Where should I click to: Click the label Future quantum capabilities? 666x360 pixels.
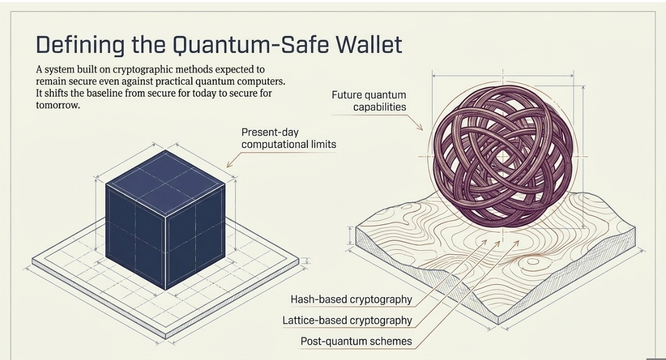click(x=369, y=101)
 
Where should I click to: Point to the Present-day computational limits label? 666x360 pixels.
click(x=288, y=138)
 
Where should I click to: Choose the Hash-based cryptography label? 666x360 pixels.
click(x=351, y=299)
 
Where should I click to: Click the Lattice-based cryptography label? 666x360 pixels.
click(x=347, y=321)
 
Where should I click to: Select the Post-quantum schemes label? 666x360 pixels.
click(x=356, y=342)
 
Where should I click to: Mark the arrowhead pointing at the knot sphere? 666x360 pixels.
click(x=420, y=128)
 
